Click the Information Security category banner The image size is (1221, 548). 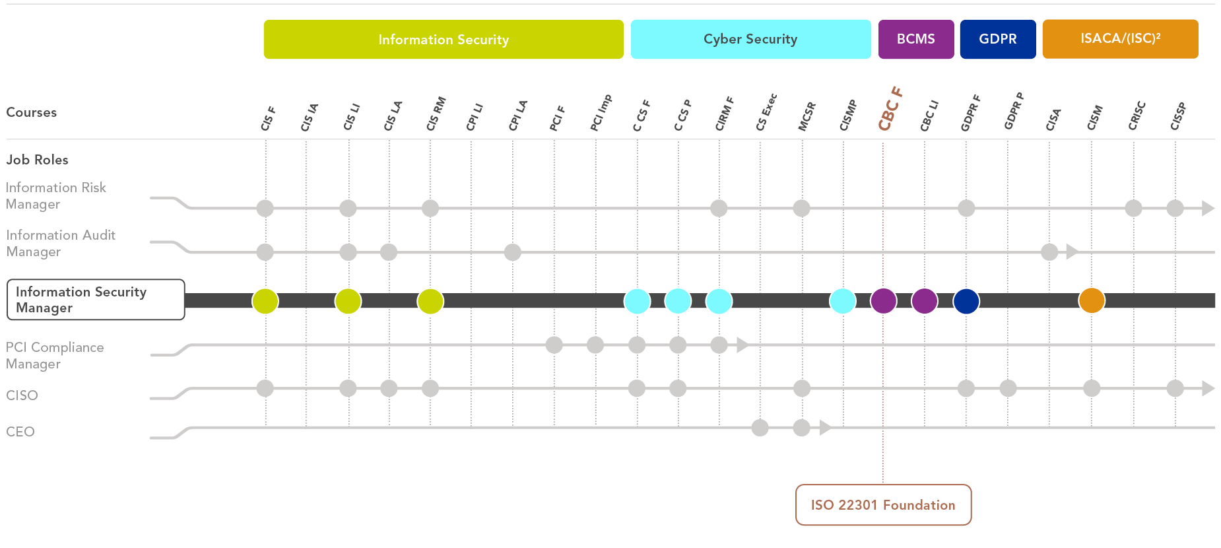444,40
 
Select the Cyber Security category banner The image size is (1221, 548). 750,40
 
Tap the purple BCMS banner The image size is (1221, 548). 915,40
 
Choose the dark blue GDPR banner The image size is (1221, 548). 997,40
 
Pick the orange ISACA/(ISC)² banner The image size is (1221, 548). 1120,40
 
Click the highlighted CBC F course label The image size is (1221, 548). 890,109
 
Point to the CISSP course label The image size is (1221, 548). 1178,116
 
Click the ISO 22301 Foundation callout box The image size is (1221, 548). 883,505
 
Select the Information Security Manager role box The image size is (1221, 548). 96,300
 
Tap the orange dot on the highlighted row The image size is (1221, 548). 1092,300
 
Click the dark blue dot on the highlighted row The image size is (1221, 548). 966,300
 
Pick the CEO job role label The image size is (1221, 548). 20,432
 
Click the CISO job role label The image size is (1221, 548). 22,395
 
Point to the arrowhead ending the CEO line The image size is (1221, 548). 825,428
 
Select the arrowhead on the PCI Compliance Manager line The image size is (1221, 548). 742,345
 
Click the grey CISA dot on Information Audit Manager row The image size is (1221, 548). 1049,252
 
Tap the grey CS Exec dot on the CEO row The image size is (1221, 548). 760,428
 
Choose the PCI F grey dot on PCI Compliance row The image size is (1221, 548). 554,345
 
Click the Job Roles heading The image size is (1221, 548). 38,160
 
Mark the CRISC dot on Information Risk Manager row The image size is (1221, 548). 1133,208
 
